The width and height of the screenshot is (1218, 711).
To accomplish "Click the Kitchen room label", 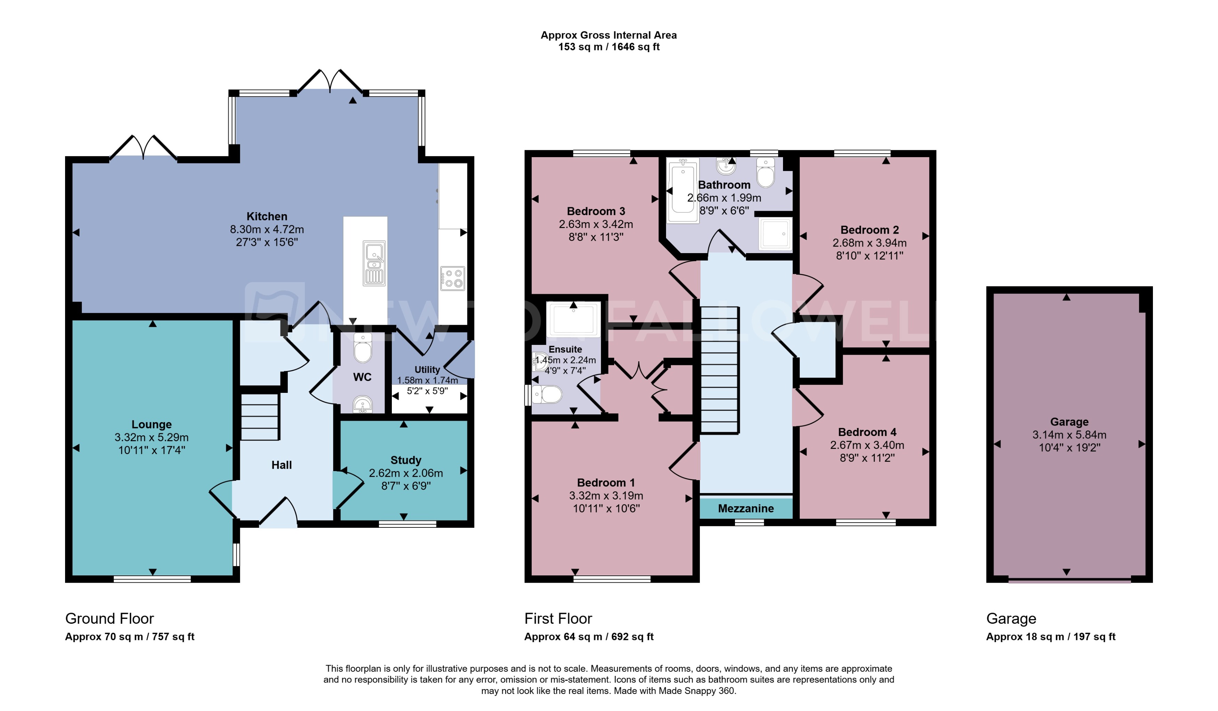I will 267,216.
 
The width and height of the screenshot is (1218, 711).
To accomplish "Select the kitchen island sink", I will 374,263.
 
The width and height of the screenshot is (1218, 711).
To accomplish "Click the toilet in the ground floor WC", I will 363,348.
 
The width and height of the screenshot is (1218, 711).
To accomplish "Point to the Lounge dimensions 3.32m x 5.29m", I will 151,437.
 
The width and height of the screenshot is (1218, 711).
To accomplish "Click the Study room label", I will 405,460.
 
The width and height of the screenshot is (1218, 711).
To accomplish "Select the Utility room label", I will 427,370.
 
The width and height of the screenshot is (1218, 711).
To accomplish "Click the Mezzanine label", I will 746,508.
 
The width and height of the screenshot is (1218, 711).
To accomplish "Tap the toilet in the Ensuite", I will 548,395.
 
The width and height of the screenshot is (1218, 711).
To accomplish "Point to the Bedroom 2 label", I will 870,230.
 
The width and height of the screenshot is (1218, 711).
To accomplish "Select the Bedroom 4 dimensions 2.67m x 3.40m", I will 867,445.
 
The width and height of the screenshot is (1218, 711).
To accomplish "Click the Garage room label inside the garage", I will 1069,422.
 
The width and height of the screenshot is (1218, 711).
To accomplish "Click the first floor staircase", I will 720,370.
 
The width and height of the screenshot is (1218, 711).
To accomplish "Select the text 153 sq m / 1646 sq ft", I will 609,47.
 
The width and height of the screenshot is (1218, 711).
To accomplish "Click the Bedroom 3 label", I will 595,211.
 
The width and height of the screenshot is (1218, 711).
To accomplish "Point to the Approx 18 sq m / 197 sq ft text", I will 1050,637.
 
